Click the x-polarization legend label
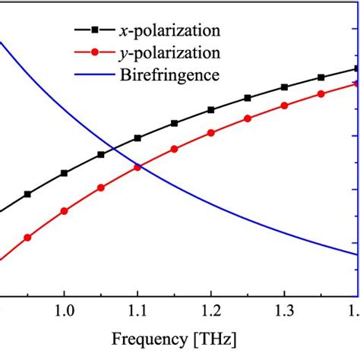coord(171,31)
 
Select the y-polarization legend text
coord(171,53)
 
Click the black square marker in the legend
coord(94,31)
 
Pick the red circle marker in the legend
coord(94,53)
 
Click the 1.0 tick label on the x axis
coord(64,311)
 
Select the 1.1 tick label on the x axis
coord(137,311)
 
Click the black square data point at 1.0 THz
coord(64,173)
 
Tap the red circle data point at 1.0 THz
coord(64,211)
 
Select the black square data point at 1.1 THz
coord(137,138)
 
